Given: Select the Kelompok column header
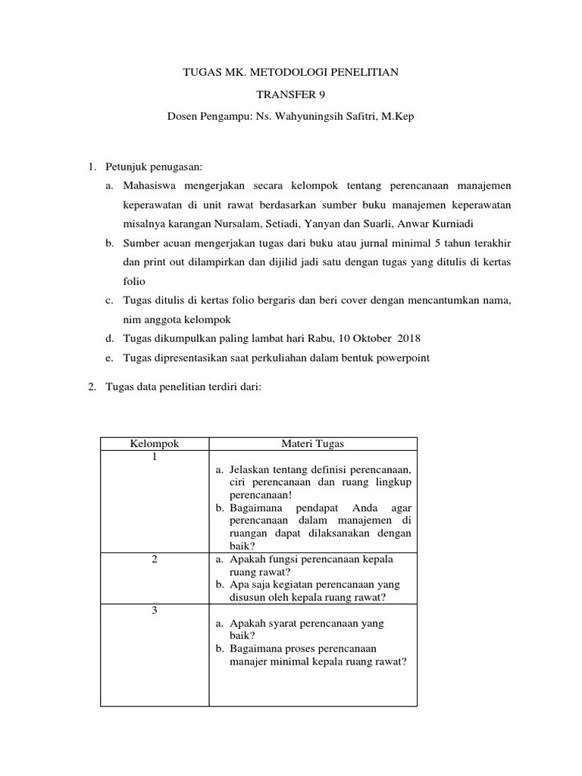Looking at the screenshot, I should (x=155, y=444).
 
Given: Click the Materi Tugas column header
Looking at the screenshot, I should (x=312, y=444).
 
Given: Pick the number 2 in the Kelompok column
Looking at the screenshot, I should (x=155, y=559).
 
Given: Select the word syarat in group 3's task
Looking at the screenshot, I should (x=280, y=624).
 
